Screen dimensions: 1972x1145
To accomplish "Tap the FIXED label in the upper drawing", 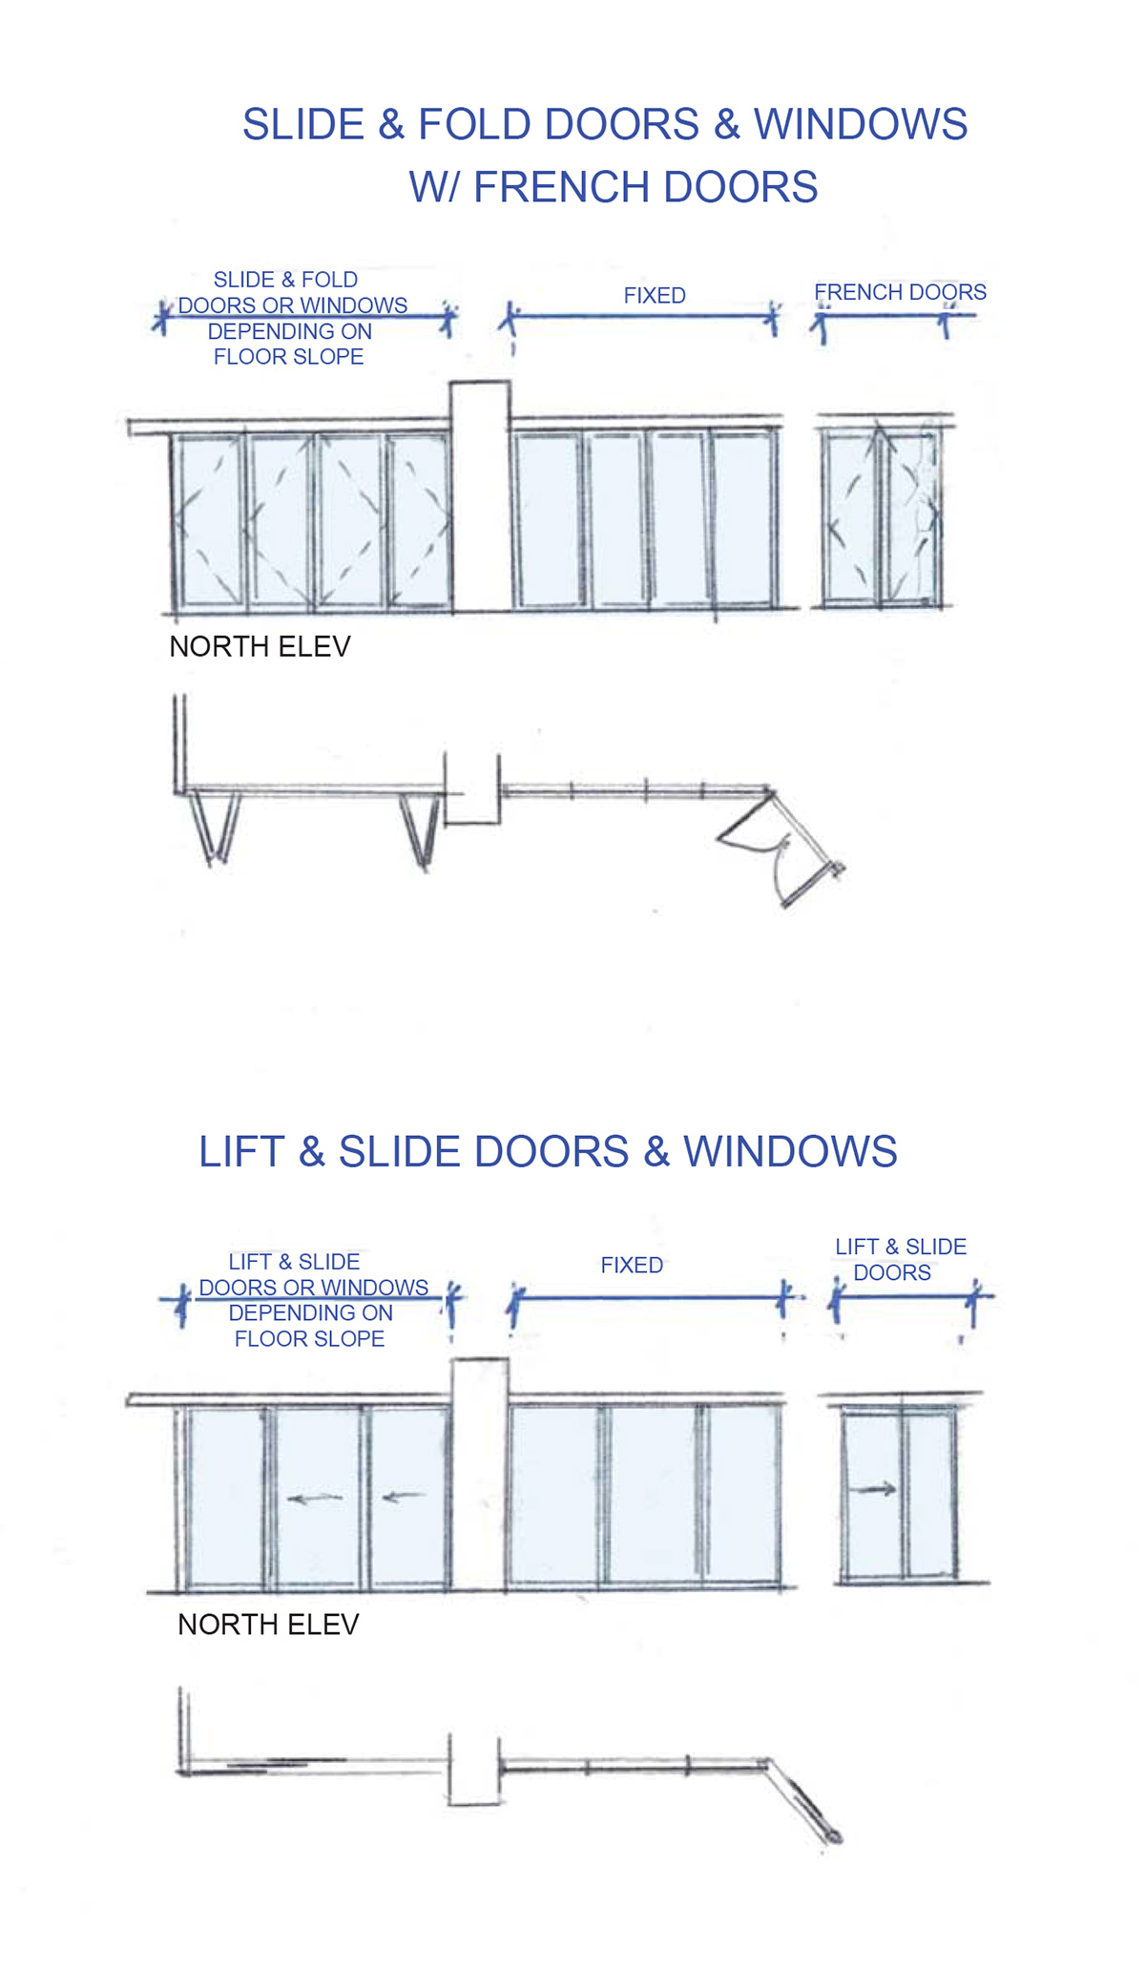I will [x=655, y=296].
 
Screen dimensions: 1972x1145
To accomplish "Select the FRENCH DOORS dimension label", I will [x=900, y=292].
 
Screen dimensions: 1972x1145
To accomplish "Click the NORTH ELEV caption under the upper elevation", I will [x=260, y=647].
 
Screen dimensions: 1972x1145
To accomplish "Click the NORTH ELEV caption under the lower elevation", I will [x=268, y=1625].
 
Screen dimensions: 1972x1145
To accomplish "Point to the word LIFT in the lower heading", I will [x=241, y=1152].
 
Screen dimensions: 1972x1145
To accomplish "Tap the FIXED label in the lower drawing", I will [x=632, y=1266].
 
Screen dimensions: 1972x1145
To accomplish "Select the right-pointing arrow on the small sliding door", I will [x=874, y=1489].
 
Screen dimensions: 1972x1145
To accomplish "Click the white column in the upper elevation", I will [x=480, y=496].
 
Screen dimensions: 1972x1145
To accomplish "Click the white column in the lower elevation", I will [x=479, y=1475].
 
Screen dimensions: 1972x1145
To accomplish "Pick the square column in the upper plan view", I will [x=472, y=788].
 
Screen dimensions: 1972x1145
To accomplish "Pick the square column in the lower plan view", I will [x=474, y=1770].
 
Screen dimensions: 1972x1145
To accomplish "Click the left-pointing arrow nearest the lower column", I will [x=404, y=1497].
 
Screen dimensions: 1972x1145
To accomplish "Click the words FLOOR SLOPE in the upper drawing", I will [x=288, y=357].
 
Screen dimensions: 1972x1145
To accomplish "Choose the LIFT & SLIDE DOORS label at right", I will [x=900, y=1260].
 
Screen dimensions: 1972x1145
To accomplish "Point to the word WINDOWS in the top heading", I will [x=861, y=125].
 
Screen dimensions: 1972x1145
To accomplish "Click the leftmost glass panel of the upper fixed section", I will [x=549, y=520].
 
